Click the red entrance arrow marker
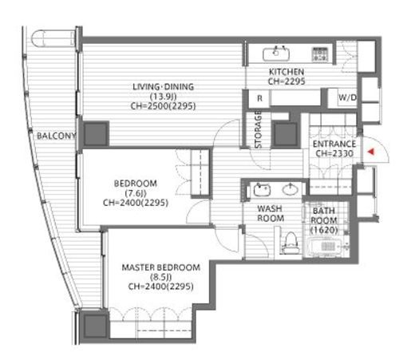(x=371, y=152)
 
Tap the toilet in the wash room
(x=290, y=243)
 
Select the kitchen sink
(x=276, y=54)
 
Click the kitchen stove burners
(x=320, y=54)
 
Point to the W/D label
(x=347, y=97)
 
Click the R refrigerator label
(x=259, y=98)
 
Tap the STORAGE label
(x=259, y=129)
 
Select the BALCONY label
(x=56, y=136)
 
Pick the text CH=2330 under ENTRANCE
(x=334, y=153)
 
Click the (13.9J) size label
(x=164, y=97)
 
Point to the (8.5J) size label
(x=161, y=277)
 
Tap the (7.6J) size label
(x=136, y=193)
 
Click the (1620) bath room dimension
(x=324, y=230)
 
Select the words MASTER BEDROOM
(x=161, y=267)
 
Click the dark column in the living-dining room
(x=97, y=134)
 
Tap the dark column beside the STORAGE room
(x=286, y=134)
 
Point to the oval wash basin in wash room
(x=290, y=190)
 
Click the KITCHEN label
(x=287, y=72)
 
